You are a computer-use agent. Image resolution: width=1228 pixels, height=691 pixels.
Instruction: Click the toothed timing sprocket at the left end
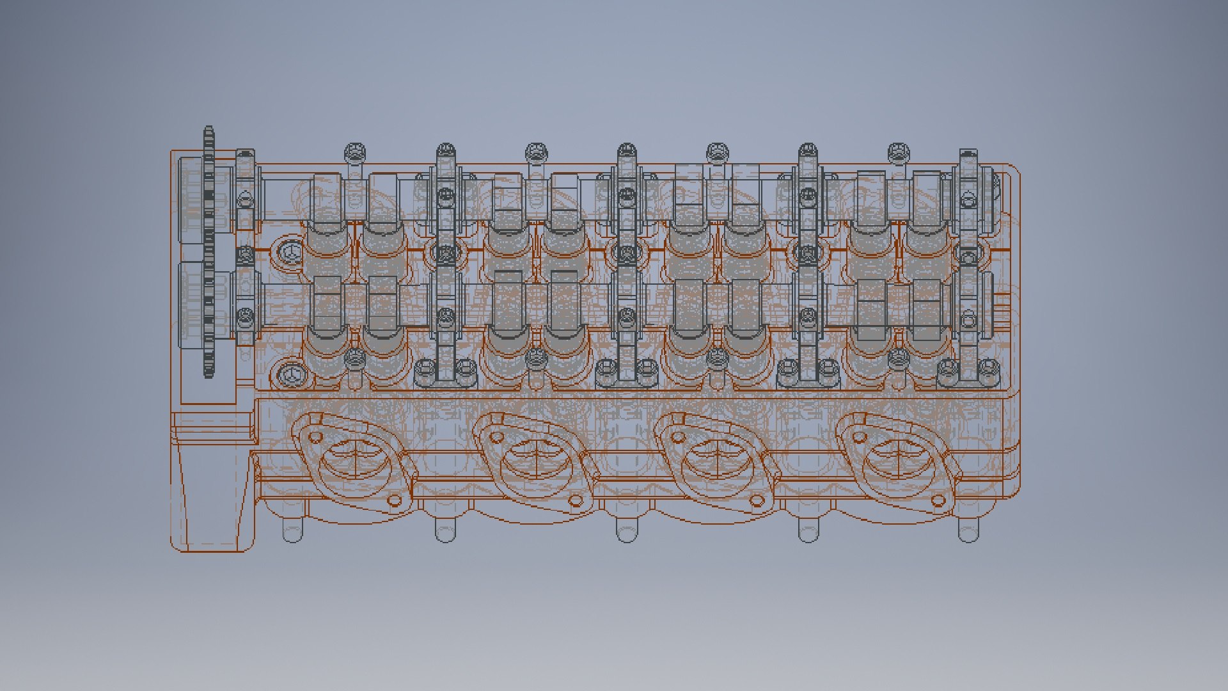pos(209,253)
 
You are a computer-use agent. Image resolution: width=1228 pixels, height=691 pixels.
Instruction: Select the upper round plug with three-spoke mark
pos(290,252)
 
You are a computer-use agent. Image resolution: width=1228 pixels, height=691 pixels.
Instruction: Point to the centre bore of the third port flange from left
pos(717,457)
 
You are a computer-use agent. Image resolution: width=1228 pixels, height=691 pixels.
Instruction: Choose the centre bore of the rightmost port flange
pos(898,457)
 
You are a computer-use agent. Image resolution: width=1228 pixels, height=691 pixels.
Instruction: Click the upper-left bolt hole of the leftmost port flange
pos(315,438)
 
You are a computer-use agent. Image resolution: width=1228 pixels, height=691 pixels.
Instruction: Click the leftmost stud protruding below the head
pos(292,530)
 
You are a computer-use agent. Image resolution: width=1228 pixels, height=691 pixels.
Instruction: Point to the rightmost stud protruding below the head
pos(968,530)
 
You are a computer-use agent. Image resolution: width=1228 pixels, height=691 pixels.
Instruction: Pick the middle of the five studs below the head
pos(627,530)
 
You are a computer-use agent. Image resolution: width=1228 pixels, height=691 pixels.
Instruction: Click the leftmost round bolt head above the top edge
pos(355,152)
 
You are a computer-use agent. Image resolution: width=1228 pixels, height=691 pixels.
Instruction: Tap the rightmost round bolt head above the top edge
pos(899,152)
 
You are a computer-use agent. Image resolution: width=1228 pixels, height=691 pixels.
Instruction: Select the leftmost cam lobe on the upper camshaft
pos(327,198)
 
